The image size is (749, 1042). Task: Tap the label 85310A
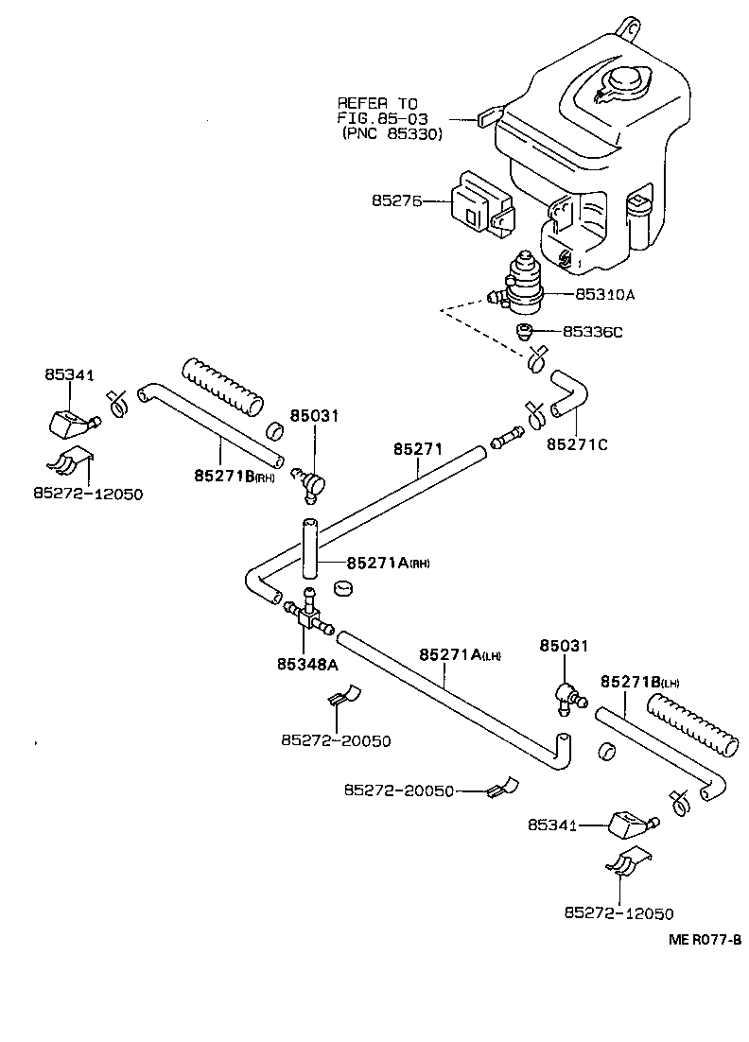point(604,294)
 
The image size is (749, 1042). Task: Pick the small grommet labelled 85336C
point(525,331)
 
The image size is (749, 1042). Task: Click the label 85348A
point(307,664)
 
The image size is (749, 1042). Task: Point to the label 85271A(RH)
point(388,563)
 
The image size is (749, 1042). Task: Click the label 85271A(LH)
point(460,654)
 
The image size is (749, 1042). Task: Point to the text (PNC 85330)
point(392,134)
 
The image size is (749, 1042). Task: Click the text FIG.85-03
point(382,118)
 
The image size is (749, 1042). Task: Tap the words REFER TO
point(377,102)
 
